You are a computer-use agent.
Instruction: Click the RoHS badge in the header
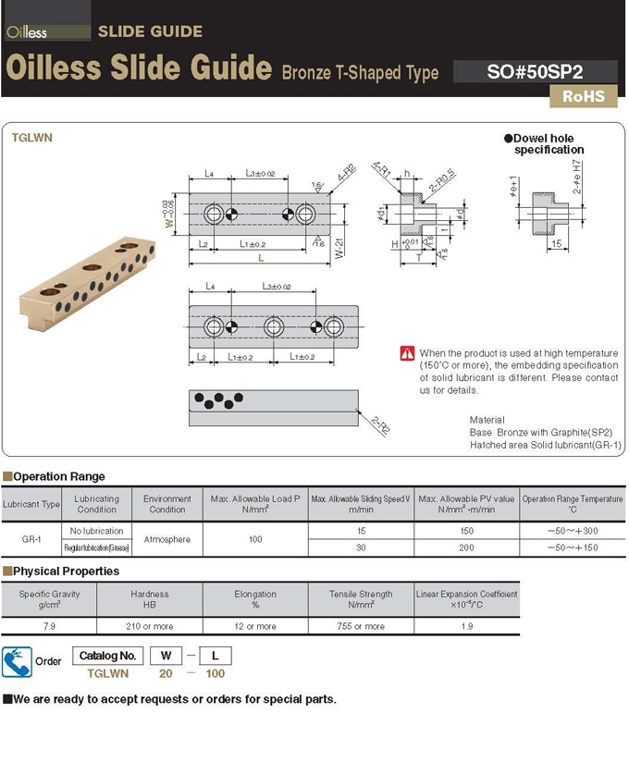coord(583,95)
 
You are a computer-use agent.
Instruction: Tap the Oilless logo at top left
coord(27,32)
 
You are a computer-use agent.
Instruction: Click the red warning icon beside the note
coord(407,353)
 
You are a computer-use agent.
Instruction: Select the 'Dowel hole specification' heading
coord(545,143)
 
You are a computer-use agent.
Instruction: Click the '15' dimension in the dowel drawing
coord(556,243)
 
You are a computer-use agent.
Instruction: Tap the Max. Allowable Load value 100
coord(255,539)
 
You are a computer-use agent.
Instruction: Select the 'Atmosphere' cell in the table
coord(167,539)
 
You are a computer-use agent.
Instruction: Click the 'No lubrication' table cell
coord(97,531)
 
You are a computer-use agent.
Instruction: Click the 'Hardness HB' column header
coord(150,599)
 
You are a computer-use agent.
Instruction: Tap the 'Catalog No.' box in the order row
coord(108,656)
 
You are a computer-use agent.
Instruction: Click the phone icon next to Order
coord(17,662)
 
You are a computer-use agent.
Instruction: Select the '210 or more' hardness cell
coord(150,626)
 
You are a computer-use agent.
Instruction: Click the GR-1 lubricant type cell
coord(31,539)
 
